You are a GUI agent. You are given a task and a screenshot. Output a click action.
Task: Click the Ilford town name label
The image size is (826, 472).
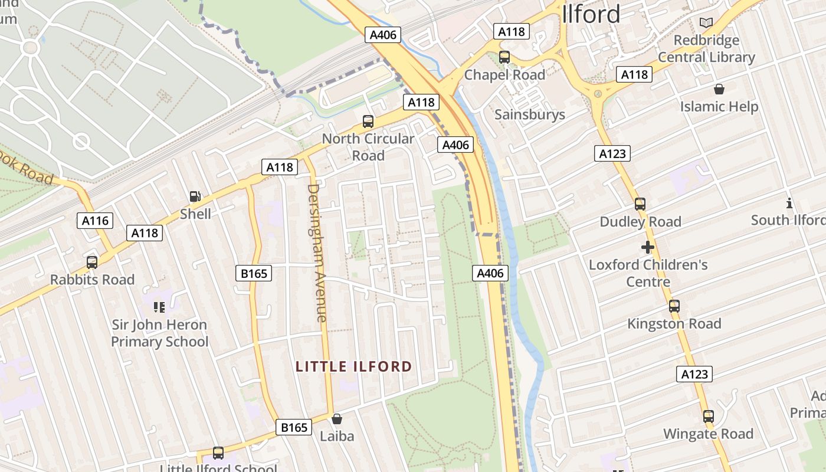[591, 14]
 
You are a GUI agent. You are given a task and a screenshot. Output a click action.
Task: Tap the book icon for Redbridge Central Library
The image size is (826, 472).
[706, 23]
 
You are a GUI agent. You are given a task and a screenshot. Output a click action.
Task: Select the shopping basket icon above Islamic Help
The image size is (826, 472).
[719, 89]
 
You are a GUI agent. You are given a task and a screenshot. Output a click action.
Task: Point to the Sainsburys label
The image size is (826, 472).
[529, 114]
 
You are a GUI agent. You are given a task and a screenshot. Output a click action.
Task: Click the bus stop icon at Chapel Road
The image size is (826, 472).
[504, 57]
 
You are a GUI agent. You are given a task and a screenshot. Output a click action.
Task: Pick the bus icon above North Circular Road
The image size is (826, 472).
[368, 122]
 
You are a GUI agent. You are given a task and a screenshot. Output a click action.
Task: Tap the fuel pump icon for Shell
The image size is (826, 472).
[195, 196]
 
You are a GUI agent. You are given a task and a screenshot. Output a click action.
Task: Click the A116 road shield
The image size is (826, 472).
[95, 221]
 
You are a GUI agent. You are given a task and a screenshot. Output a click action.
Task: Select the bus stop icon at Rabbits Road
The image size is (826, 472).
[92, 262]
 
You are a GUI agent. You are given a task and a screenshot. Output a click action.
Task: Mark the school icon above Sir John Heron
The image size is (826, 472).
[159, 307]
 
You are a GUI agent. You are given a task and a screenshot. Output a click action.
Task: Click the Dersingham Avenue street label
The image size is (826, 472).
[317, 253]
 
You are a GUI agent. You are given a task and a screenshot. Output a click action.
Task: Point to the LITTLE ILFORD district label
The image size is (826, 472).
[353, 366]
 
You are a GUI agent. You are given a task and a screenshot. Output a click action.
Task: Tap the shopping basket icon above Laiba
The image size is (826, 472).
[337, 419]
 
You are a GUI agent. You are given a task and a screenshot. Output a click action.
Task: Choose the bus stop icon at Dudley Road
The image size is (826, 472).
[640, 204]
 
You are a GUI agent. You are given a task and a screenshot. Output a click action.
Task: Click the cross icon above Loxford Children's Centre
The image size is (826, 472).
[648, 247]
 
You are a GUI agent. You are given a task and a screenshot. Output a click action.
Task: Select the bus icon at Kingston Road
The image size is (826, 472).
[674, 306]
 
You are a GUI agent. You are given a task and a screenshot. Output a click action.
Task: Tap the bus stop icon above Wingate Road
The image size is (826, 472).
[709, 417]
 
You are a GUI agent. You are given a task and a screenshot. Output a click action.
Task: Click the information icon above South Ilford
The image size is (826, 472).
[789, 203]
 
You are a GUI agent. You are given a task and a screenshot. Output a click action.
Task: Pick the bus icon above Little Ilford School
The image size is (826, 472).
[218, 453]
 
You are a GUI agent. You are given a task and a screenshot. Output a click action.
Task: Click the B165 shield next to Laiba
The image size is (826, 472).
[294, 427]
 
